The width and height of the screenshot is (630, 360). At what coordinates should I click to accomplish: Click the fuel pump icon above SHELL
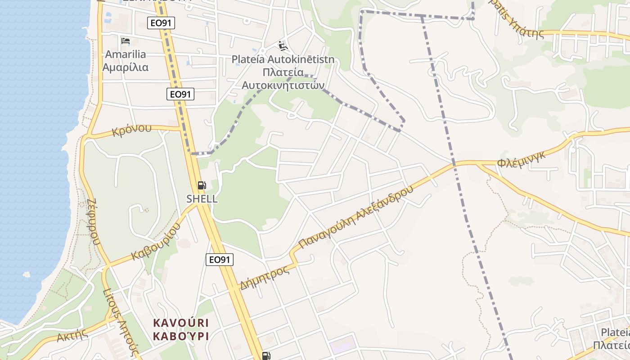202,185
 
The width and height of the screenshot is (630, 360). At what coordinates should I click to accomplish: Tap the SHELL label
202,198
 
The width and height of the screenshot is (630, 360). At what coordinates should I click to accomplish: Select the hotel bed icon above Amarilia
126,41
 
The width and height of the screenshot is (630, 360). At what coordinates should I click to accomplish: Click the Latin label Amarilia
126,54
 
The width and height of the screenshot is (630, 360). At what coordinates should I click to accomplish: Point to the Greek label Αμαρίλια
126,67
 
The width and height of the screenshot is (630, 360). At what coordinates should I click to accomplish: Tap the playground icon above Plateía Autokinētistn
283,45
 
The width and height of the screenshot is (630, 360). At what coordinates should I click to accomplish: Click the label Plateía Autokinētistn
283,59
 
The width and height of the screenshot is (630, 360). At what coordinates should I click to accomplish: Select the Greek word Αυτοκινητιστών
283,85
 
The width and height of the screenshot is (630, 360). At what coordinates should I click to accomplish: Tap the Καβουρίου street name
156,241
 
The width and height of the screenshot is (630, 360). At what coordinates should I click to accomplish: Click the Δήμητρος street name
264,278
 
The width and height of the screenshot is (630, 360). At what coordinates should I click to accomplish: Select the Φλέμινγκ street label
522,159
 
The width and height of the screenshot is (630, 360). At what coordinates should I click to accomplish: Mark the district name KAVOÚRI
181,323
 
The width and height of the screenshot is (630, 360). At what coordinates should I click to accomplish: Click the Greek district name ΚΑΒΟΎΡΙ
181,336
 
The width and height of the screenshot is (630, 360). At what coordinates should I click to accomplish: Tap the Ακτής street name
72,336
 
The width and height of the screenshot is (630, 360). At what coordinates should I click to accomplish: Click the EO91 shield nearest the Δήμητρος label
220,259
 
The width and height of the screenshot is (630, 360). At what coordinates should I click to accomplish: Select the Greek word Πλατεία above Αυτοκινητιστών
283,72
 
